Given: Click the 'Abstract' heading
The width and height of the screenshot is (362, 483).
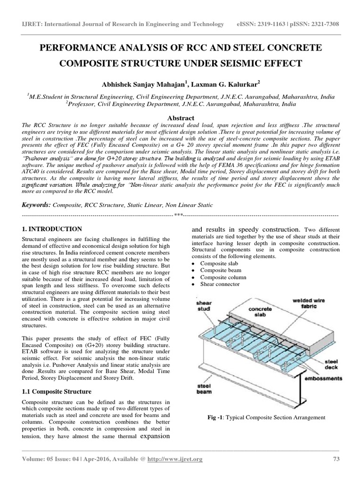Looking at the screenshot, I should [x=181, y=118].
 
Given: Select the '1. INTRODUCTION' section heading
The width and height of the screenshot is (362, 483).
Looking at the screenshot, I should [x=52, y=229].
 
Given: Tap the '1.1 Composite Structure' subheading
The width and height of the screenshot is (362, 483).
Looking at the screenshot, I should [x=57, y=391].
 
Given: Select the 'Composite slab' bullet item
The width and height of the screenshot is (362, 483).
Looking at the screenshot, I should [x=219, y=263].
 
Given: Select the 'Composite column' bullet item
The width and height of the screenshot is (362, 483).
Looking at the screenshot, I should [x=222, y=277].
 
